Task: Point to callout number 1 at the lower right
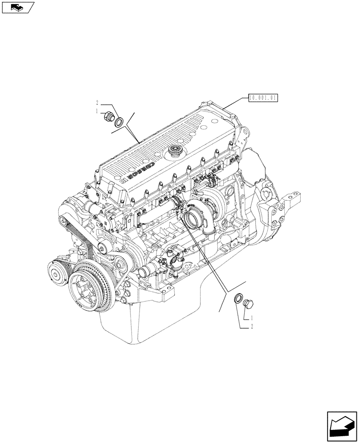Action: [252, 318]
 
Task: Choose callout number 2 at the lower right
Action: [252, 327]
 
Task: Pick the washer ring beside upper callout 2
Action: [119, 122]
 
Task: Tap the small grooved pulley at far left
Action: [58, 273]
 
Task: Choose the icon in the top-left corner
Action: [17, 7]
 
